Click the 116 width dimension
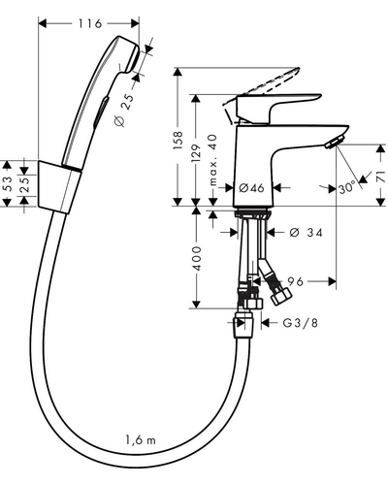(x=89, y=23)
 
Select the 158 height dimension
(x=178, y=141)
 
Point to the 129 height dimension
(x=196, y=153)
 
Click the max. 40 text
(x=212, y=160)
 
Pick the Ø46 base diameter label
(x=251, y=187)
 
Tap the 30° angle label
(x=347, y=188)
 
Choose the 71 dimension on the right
(x=381, y=177)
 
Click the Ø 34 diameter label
(x=306, y=233)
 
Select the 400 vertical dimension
(x=196, y=258)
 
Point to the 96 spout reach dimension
(x=296, y=281)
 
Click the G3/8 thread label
(x=300, y=323)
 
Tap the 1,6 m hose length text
(x=141, y=440)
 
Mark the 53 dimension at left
(x=9, y=183)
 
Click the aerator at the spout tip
(x=335, y=143)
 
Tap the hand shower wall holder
(x=60, y=186)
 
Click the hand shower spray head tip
(x=133, y=57)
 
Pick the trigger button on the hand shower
(x=101, y=113)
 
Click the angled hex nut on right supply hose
(x=281, y=296)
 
